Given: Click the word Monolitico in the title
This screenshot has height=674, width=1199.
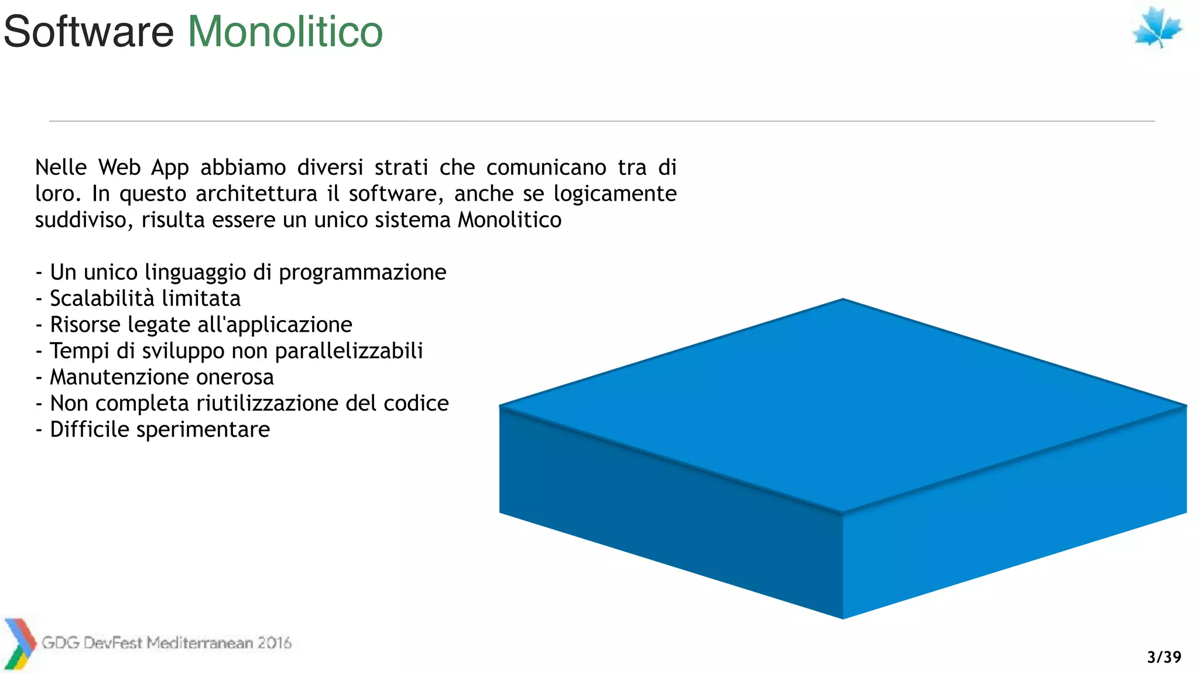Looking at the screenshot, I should click(285, 32).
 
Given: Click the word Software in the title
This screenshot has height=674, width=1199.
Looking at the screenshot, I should click(89, 32).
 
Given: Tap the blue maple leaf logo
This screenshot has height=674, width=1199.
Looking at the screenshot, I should click(1157, 28).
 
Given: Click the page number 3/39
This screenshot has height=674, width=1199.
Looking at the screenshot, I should click(1164, 657).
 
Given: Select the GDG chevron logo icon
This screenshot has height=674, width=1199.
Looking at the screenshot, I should click(19, 644).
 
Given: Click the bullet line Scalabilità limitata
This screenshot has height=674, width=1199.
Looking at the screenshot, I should click(145, 298).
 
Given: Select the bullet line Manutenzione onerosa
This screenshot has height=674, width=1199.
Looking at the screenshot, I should click(161, 377).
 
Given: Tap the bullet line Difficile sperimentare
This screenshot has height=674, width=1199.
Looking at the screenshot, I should click(159, 429).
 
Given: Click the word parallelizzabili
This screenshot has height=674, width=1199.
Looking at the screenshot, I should click(348, 350).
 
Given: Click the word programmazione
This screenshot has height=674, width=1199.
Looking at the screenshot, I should click(362, 273).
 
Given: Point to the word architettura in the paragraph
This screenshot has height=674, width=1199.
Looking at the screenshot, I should click(256, 194).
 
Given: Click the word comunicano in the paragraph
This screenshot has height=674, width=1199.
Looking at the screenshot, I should click(546, 167).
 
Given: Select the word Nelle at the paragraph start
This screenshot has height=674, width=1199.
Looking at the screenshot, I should click(60, 167).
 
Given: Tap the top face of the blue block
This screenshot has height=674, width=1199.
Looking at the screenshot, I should click(843, 404).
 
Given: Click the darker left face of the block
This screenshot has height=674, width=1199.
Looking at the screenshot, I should click(667, 509).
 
